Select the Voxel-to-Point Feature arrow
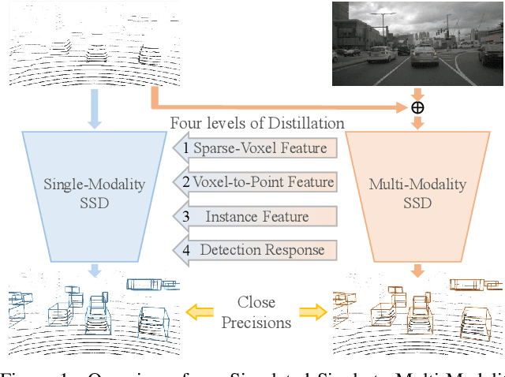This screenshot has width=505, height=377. (x=254, y=182)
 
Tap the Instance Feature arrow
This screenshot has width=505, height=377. (x=254, y=216)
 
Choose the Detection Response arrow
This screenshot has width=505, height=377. (x=254, y=250)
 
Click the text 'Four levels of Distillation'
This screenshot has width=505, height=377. (x=257, y=123)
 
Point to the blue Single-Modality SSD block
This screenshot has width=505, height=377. (x=94, y=193)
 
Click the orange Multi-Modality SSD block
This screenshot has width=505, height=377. (x=417, y=193)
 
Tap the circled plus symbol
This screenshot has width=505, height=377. (x=417, y=107)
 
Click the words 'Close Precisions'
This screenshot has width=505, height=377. (x=256, y=312)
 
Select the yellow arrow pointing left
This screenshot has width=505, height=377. (x=200, y=313)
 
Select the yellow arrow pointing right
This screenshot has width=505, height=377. (x=310, y=313)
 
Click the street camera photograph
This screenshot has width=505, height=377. (x=417, y=43)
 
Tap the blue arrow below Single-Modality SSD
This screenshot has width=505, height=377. (x=94, y=271)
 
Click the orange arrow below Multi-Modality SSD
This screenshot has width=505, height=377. (x=417, y=271)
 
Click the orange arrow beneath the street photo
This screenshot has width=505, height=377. (x=417, y=93)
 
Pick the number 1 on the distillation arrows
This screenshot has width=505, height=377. (x=186, y=147)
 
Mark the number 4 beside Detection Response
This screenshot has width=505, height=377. (x=186, y=250)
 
